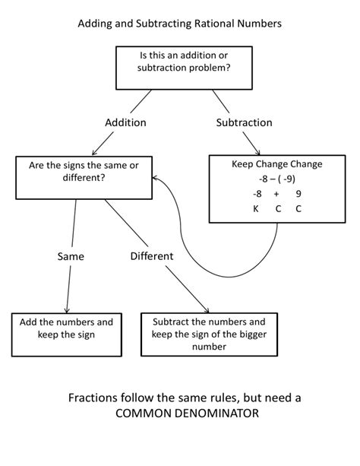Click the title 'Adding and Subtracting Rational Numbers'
tap(180, 24)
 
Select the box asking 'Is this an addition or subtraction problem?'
tap(185, 68)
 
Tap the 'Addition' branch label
tap(125, 122)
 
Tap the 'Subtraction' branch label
tap(244, 122)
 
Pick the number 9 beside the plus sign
tap(298, 194)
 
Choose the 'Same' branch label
tap(71, 256)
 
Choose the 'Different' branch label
tap(151, 256)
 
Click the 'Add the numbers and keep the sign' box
tap(67, 328)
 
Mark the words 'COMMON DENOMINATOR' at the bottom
tap(180, 413)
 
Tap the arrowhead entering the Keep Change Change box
tap(260, 152)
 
